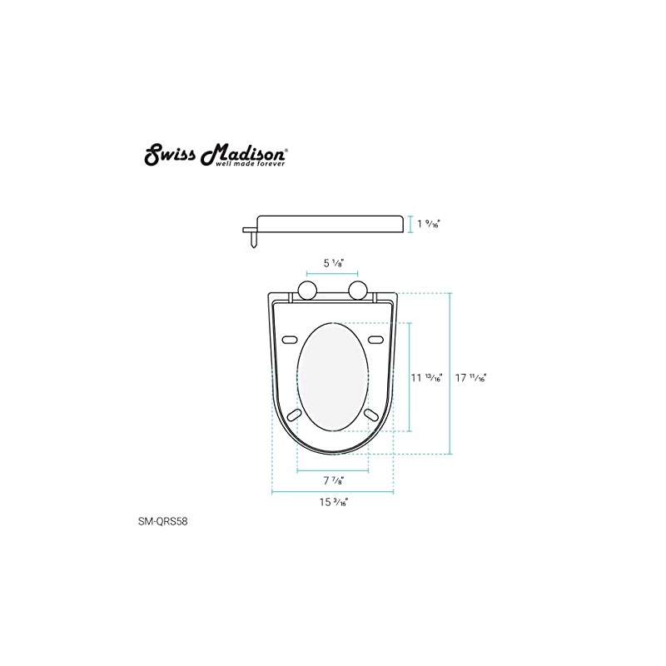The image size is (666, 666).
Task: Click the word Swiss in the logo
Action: [x=167, y=156]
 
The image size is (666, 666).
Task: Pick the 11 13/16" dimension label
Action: [x=427, y=376]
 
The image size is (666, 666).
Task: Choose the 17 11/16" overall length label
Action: [x=470, y=376]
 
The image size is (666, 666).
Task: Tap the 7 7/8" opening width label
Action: [x=333, y=481]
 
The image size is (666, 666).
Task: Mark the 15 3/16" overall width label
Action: [x=334, y=503]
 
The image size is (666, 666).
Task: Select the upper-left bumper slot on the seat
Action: [x=291, y=340]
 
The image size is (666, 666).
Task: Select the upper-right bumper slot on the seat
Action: [x=375, y=340]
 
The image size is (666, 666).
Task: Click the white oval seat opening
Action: [x=333, y=377]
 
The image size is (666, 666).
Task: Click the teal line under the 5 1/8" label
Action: [x=333, y=274]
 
